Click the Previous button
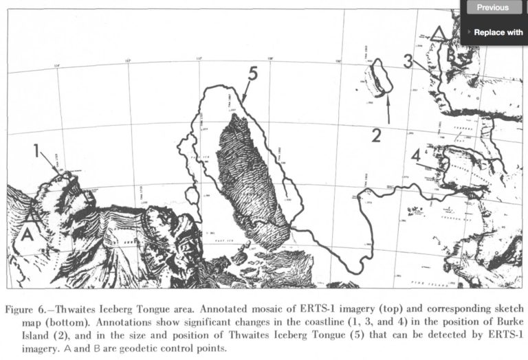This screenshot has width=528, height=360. [492, 8]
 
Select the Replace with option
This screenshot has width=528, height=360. [498, 32]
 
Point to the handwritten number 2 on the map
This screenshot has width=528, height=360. [375, 135]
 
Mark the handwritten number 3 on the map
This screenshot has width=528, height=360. [409, 60]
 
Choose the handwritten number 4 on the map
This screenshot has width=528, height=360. [416, 155]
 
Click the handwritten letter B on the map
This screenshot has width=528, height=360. [452, 56]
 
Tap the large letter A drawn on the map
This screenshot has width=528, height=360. [27, 234]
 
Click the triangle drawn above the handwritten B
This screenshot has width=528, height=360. [440, 32]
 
